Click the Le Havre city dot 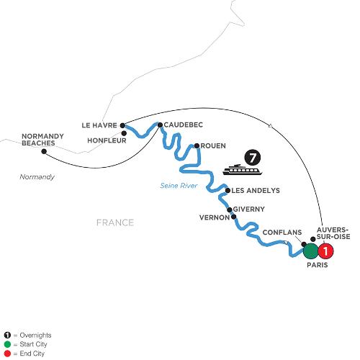[122, 125]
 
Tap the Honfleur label [107, 140]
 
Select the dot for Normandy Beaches [44, 151]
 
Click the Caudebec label [184, 125]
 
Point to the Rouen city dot [197, 145]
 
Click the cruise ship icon [242, 169]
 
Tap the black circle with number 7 [252, 158]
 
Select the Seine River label [179, 186]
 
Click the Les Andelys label [256, 191]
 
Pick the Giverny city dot [230, 210]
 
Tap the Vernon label [215, 217]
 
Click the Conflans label [282, 233]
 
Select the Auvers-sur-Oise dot [313, 239]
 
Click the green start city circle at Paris [311, 251]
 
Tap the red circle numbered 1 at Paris [325, 251]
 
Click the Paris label [318, 265]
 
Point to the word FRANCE [115, 222]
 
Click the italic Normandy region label [37, 177]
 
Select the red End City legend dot [7, 354]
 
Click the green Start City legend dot [7, 344]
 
